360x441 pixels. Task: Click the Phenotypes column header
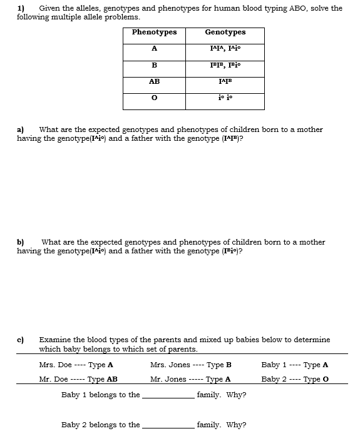point(154,33)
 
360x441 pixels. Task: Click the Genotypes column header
point(225,33)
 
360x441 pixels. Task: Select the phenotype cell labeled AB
point(154,81)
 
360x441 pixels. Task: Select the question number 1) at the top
point(21,8)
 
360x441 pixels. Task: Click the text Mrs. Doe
point(55,365)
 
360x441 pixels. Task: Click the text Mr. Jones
point(168,379)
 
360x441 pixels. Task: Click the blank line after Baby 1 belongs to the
point(168,396)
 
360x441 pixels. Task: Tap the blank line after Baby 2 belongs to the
point(168,425)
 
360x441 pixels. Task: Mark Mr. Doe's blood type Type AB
point(102,379)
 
